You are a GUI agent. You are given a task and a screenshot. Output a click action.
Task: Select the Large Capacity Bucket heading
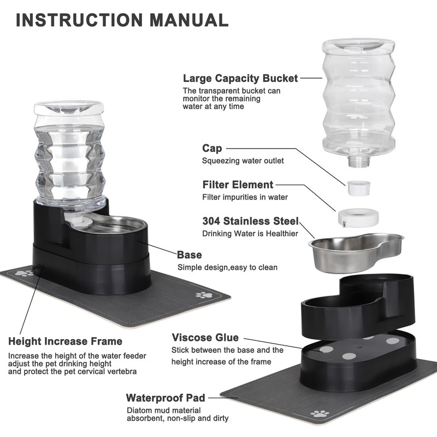(240, 78)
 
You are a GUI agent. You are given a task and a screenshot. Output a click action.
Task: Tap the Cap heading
(212, 148)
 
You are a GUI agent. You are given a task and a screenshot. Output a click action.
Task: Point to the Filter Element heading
(238, 185)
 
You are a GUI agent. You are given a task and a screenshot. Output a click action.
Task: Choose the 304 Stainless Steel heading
(250, 221)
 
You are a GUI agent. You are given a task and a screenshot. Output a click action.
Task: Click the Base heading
(189, 255)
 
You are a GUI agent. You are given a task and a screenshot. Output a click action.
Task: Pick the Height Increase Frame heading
(65, 341)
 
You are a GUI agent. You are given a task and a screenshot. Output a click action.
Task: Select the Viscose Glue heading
(205, 338)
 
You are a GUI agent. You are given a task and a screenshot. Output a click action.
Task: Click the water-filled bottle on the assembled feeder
(70, 153)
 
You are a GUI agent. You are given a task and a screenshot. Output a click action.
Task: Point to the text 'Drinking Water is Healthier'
(250, 234)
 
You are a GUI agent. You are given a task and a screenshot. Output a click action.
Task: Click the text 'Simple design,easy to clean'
(227, 268)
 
